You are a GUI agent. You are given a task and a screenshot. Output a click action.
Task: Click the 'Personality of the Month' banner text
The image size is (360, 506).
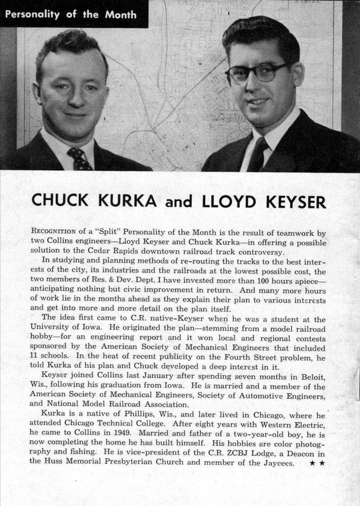point(71,14)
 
